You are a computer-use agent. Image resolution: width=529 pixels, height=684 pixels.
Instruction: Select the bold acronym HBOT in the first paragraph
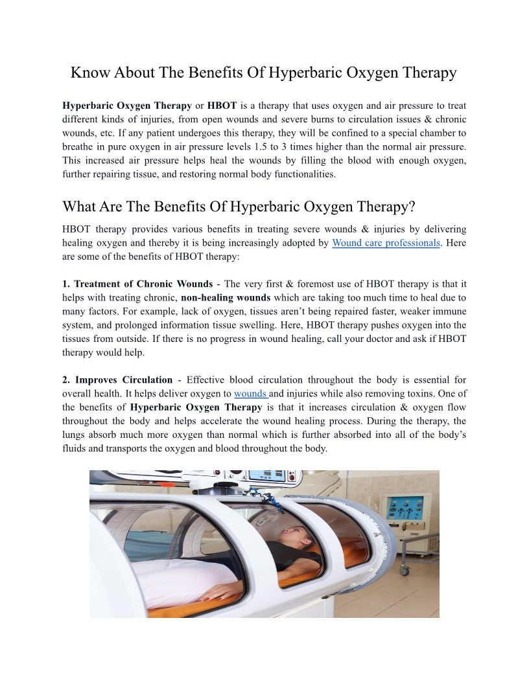222,105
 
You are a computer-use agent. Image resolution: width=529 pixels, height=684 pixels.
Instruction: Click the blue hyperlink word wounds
250,393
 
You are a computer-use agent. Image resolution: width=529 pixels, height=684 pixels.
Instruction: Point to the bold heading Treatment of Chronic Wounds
143,284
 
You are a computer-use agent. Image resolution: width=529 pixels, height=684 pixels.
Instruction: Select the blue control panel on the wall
405,509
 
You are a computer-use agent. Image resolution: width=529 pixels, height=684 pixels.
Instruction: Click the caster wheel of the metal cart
404,570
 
